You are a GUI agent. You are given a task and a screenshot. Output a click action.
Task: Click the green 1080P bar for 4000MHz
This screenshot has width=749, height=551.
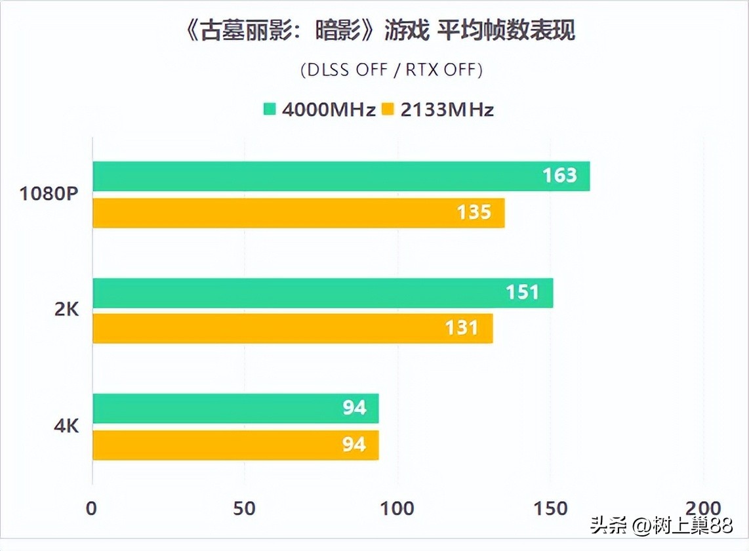(341, 176)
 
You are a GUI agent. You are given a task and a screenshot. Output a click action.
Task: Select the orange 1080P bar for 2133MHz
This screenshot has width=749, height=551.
(298, 213)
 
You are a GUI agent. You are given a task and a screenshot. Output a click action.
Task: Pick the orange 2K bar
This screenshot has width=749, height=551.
(293, 328)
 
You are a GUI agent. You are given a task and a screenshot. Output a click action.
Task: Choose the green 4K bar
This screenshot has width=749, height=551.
(235, 408)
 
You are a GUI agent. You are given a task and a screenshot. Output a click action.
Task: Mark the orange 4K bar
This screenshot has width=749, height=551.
(235, 445)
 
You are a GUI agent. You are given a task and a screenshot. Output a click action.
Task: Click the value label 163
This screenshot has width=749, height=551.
(559, 176)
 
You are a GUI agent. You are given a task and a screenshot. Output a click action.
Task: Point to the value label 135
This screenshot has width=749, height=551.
(474, 213)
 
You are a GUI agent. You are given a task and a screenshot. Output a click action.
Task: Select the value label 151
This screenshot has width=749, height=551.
(522, 293)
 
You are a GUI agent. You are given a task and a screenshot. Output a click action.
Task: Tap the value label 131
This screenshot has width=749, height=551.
(462, 328)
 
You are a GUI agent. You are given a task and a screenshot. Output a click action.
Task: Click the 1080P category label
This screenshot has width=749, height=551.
(49, 194)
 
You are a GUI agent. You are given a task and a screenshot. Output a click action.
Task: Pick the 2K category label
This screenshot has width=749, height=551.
(66, 310)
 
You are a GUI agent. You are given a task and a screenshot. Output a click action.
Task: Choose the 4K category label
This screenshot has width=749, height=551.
(66, 426)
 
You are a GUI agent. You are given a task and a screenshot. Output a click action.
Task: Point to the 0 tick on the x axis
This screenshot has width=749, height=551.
(92, 508)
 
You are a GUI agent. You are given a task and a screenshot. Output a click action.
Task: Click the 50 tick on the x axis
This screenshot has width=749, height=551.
(244, 508)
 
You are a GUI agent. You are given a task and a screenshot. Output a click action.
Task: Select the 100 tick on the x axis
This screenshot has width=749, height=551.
(397, 508)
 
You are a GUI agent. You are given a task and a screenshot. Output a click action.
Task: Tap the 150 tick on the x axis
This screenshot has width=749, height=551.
(550, 508)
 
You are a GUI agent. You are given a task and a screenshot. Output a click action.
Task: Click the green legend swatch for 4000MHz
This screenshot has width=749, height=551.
(270, 109)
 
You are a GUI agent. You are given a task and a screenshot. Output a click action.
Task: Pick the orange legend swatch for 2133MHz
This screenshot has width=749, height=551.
(388, 109)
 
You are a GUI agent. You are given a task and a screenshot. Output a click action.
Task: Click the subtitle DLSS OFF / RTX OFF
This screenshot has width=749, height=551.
(392, 70)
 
